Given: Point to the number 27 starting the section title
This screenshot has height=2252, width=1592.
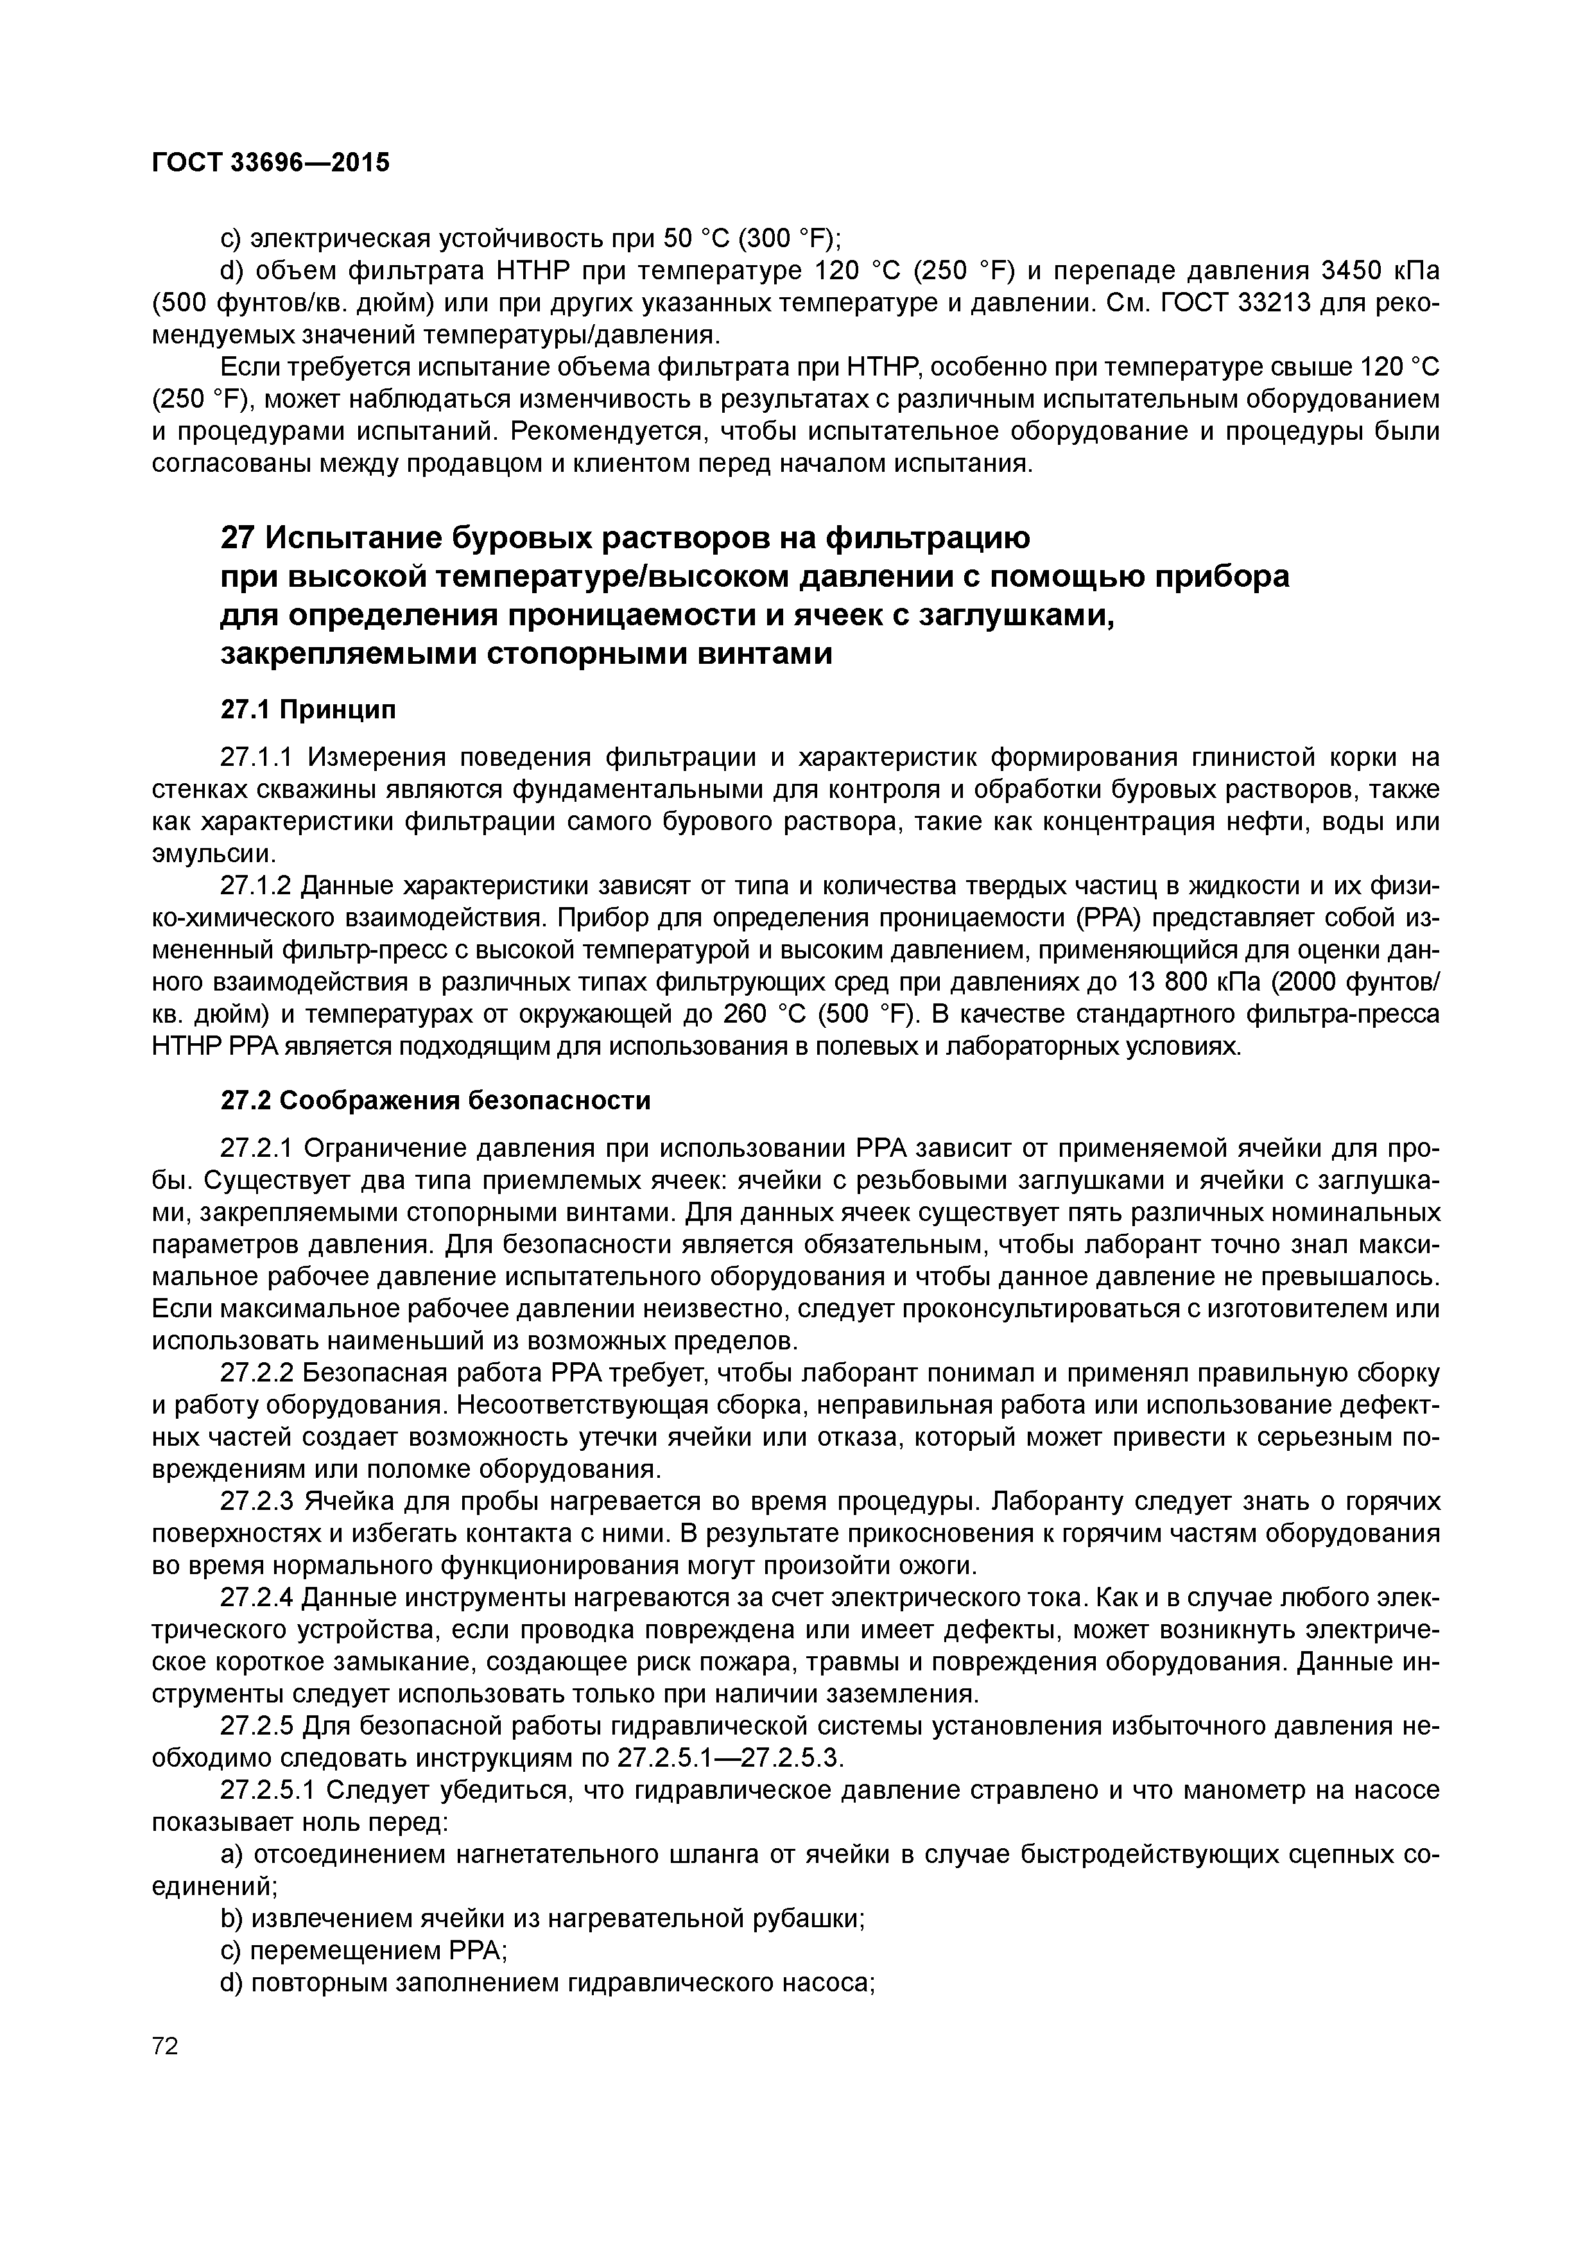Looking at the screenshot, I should pyautogui.click(x=238, y=539).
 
